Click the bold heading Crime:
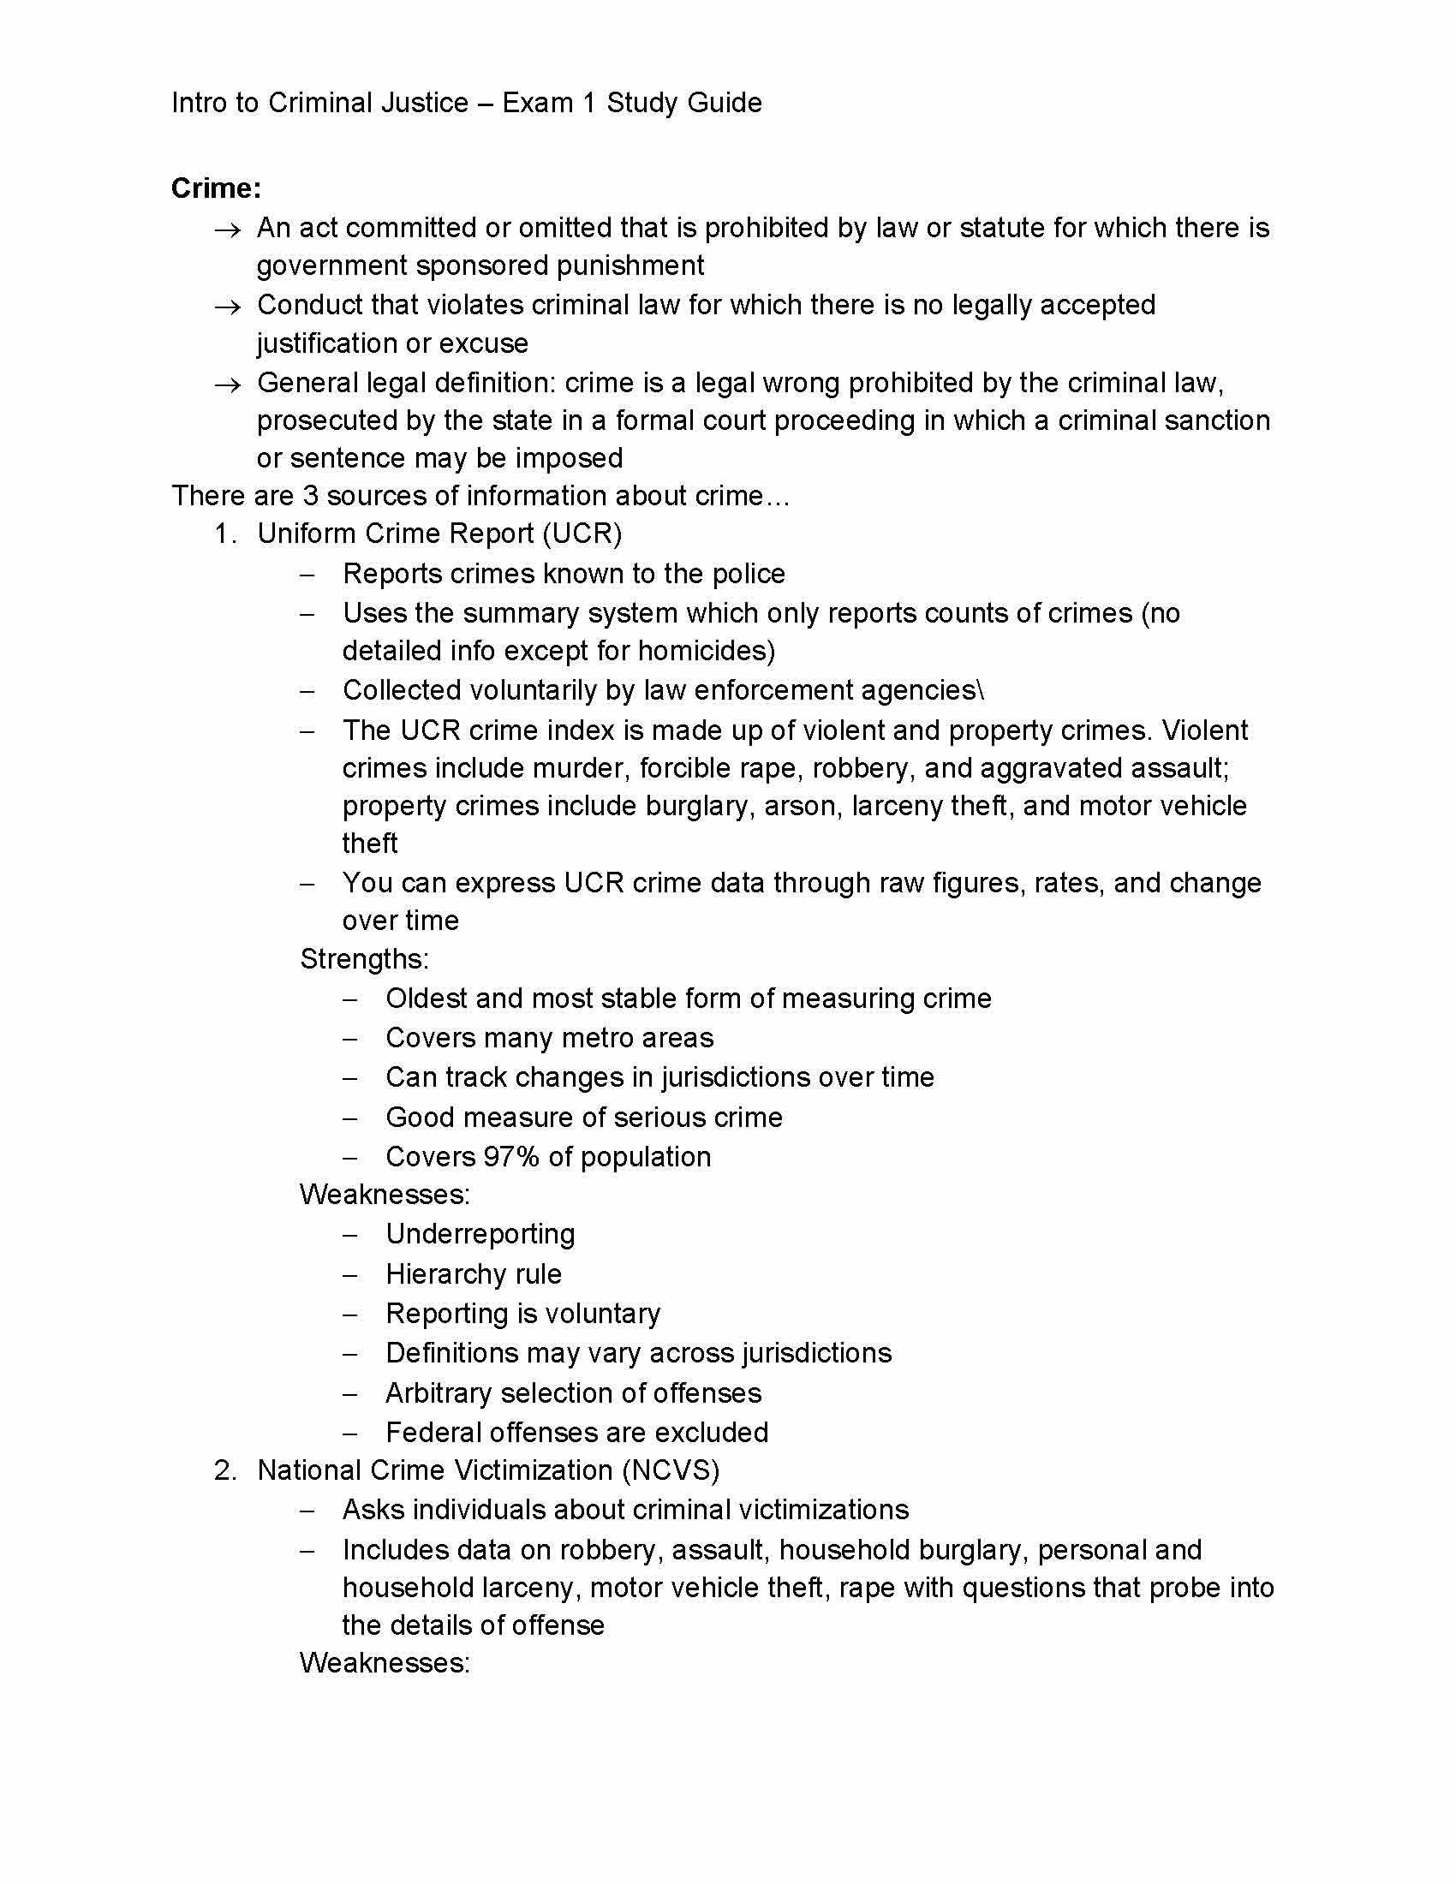(x=216, y=188)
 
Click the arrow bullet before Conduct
(x=227, y=307)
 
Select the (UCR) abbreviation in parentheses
(x=582, y=534)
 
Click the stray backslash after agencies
(x=980, y=690)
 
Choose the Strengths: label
(x=364, y=959)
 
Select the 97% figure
(x=510, y=1157)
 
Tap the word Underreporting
(x=480, y=1234)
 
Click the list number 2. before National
(x=225, y=1470)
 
